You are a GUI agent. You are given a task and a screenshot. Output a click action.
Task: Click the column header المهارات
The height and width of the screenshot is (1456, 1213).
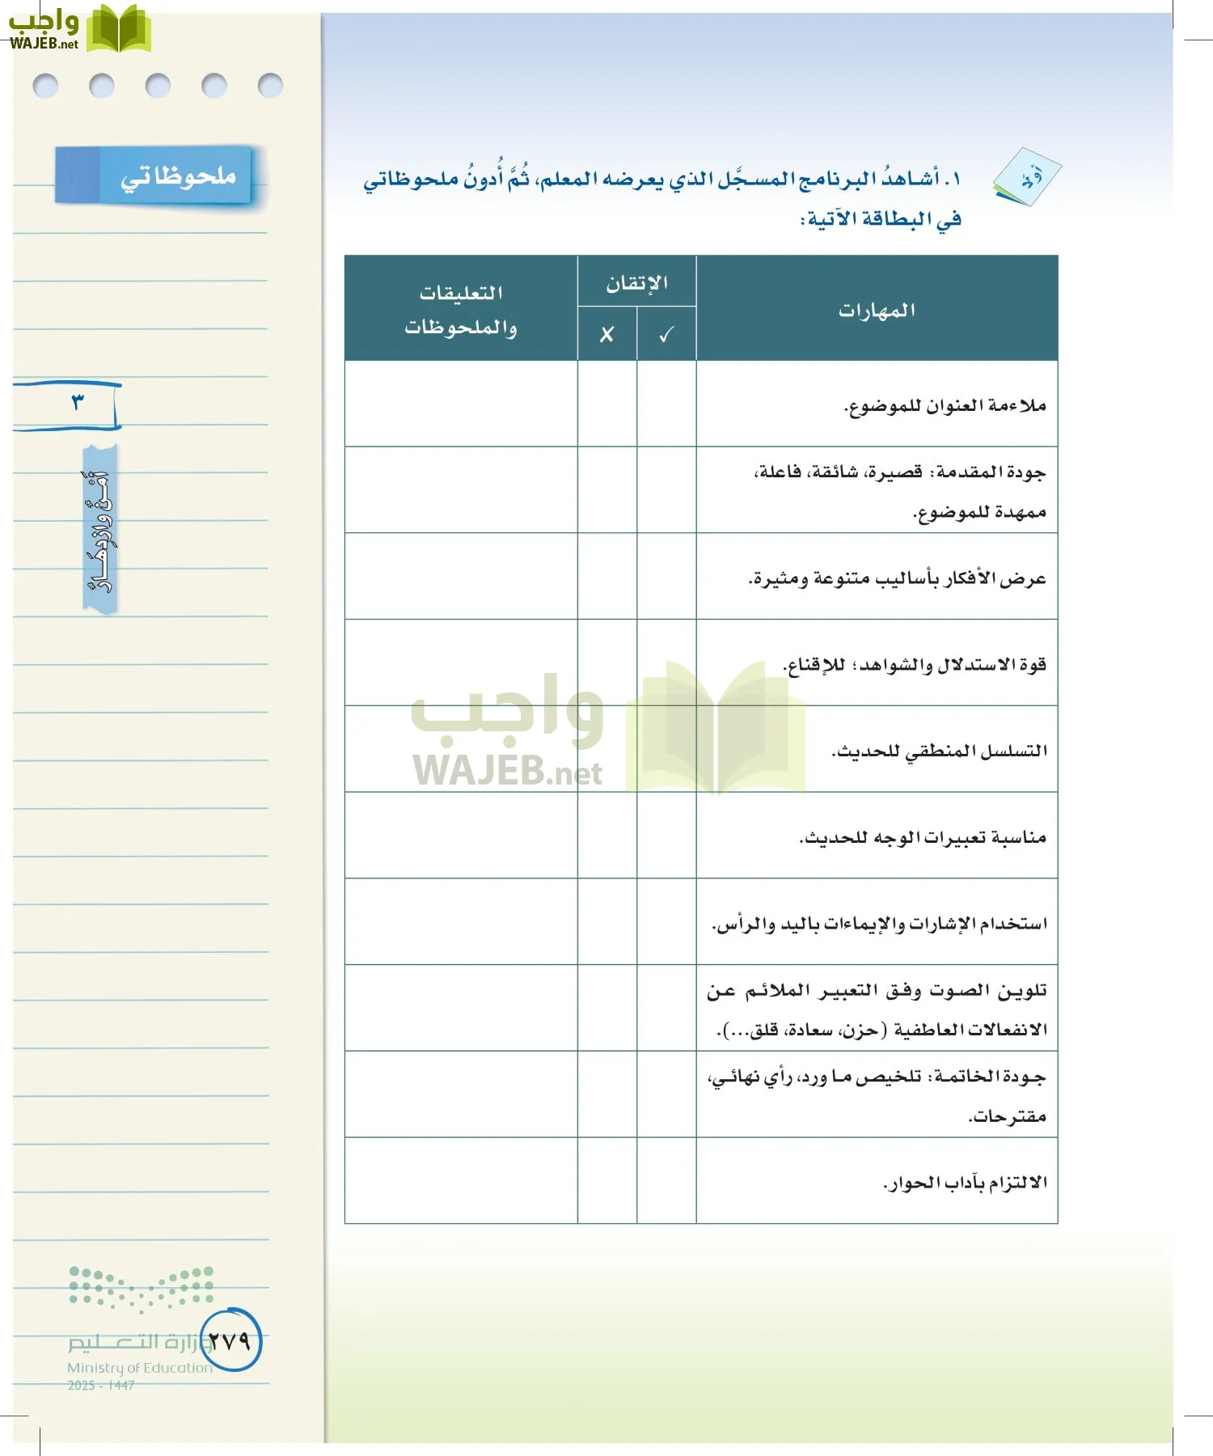(x=877, y=310)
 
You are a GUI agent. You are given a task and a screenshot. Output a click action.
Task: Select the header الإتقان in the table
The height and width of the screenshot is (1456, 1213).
(x=637, y=283)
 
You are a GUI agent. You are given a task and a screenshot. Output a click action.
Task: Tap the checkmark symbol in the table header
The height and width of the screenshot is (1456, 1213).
(x=666, y=334)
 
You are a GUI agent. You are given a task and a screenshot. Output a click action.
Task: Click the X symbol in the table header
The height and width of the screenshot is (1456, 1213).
(x=606, y=334)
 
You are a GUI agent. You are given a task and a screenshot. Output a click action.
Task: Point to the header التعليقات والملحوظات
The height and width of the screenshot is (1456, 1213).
(x=461, y=310)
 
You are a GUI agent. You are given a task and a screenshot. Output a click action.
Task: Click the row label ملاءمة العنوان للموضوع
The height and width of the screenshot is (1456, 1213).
(x=945, y=405)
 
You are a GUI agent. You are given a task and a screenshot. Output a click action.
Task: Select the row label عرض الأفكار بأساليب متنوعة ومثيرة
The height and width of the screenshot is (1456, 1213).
(x=897, y=578)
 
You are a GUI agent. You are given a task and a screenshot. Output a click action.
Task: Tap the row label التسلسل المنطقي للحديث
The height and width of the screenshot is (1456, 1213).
(x=939, y=751)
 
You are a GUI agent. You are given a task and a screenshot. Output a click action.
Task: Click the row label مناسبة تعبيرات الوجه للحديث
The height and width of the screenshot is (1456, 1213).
(x=923, y=837)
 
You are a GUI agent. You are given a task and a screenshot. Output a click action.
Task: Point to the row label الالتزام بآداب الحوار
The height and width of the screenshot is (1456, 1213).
(x=965, y=1183)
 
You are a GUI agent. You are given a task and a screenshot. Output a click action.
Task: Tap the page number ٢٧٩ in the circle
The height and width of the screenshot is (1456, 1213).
(x=230, y=1340)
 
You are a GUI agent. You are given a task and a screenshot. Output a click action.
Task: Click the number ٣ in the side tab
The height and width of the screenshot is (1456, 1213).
(x=78, y=402)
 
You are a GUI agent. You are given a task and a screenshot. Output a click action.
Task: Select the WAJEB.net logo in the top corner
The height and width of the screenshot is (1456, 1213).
(x=78, y=31)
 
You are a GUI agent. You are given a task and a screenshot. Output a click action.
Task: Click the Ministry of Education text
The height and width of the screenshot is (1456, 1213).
(x=139, y=1368)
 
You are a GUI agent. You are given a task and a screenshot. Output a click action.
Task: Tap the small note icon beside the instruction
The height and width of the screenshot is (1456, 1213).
(x=1027, y=177)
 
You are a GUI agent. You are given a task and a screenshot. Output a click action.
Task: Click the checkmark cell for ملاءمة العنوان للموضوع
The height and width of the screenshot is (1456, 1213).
(x=666, y=404)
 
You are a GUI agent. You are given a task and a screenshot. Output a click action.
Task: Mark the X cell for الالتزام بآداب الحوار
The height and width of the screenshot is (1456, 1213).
(x=606, y=1180)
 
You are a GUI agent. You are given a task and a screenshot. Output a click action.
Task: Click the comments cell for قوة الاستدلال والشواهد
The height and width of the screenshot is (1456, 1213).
(x=461, y=662)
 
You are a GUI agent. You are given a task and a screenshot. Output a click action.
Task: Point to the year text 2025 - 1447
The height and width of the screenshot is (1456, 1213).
(x=101, y=1386)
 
